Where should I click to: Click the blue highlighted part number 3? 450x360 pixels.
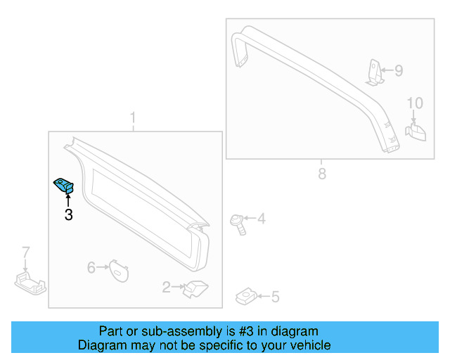(65, 186)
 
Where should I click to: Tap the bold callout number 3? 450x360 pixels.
(68, 215)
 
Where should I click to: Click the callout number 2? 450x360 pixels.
(166, 287)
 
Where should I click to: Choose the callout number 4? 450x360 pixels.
(261, 219)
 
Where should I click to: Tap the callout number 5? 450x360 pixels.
(275, 297)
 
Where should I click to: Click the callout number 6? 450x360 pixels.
(91, 267)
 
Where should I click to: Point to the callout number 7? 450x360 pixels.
(26, 252)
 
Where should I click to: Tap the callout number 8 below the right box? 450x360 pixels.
(322, 174)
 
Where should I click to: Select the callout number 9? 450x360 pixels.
(398, 70)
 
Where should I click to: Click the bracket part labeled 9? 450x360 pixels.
(375, 72)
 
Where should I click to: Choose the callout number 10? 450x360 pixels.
(415, 103)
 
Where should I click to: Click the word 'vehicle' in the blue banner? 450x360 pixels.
(307, 345)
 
